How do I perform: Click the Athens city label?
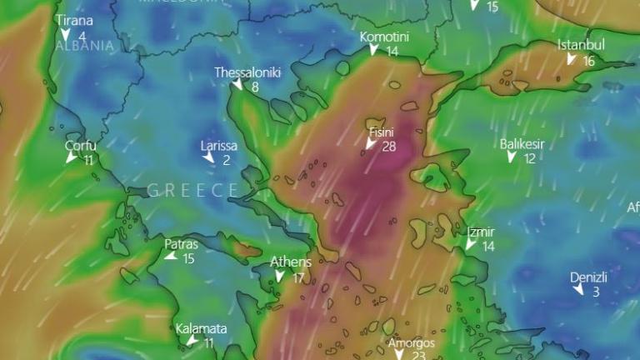click(x=291, y=262)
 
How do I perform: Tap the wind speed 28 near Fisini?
click(x=389, y=147)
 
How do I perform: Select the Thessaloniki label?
click(x=247, y=72)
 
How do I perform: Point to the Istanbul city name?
click(x=581, y=45)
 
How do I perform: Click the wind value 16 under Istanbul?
click(x=589, y=61)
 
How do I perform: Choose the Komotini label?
click(x=384, y=37)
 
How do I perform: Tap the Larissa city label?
click(x=219, y=146)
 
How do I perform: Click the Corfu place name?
click(x=81, y=146)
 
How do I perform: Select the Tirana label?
click(x=74, y=21)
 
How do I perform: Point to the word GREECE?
click(x=193, y=191)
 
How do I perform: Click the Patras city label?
click(x=181, y=244)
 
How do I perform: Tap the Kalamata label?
click(x=201, y=328)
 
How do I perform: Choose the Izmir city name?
click(x=481, y=232)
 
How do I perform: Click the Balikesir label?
click(x=522, y=144)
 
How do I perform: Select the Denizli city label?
click(x=588, y=277)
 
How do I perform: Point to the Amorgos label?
click(x=412, y=342)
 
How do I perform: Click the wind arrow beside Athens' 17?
click(x=281, y=277)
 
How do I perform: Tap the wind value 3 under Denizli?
click(x=596, y=292)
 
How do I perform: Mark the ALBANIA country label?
click(x=83, y=47)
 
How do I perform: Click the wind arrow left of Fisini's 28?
click(x=371, y=145)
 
